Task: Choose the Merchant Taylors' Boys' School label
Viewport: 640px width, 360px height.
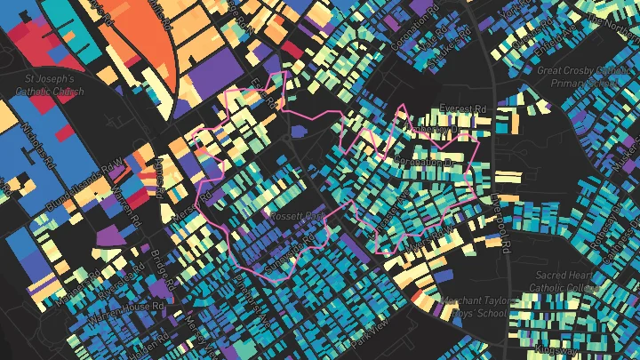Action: [477, 306]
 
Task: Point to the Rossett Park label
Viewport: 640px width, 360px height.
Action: [296, 217]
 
